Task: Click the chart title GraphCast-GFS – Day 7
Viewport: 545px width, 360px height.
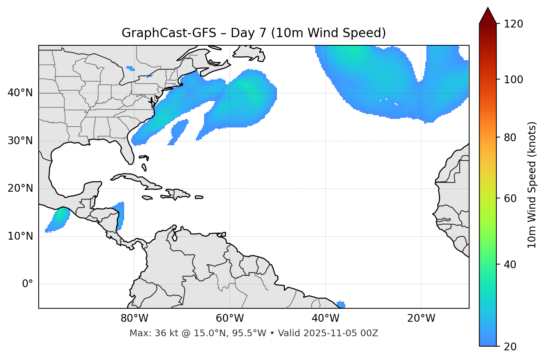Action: (x=254, y=33)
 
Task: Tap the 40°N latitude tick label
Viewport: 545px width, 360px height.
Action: (x=20, y=93)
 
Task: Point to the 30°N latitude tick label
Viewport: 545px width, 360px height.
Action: (x=20, y=141)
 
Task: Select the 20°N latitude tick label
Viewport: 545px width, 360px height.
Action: (x=20, y=188)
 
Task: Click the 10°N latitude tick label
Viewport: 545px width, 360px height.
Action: (x=20, y=236)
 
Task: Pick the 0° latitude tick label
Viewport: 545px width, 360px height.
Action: (x=28, y=284)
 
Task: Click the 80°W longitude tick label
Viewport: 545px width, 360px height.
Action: (x=134, y=318)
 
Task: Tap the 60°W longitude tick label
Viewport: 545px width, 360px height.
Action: (x=230, y=318)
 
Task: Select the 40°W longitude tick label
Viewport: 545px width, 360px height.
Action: (x=325, y=318)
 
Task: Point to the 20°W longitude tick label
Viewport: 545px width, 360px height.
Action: (x=421, y=318)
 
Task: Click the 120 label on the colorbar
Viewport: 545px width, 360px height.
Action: (x=513, y=24)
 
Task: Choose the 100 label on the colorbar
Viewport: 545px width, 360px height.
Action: (x=513, y=80)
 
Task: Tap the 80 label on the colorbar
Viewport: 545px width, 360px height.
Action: (x=510, y=137)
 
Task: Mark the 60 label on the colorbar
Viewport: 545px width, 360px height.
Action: (x=510, y=198)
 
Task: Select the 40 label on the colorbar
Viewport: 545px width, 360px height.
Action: (x=510, y=265)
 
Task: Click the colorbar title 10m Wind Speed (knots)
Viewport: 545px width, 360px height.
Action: (x=532, y=185)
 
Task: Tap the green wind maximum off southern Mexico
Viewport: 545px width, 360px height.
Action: (x=59, y=215)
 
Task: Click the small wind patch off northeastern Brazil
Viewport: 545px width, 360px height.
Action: (x=341, y=304)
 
